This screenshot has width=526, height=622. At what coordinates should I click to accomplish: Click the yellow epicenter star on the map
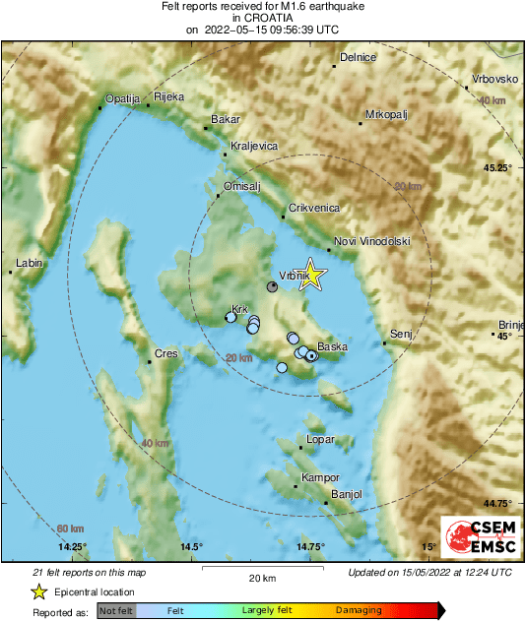[x=311, y=276]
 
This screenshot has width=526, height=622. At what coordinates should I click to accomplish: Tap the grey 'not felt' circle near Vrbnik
[x=273, y=286]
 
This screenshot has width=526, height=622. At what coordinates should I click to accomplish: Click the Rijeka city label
[x=169, y=96]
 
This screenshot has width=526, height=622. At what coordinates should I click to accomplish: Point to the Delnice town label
[x=358, y=58]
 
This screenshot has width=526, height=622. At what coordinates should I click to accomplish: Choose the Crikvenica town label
[x=313, y=209]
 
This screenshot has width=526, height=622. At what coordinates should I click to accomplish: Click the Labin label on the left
[x=28, y=263]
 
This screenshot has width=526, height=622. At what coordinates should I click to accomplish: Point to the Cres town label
[x=165, y=353]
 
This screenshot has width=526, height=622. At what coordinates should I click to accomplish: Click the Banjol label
[x=348, y=494]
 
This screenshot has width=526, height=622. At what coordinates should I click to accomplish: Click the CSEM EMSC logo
[x=477, y=538]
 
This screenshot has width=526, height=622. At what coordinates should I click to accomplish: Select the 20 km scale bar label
[x=261, y=578]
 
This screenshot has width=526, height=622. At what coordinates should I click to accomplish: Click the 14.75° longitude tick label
[x=310, y=547]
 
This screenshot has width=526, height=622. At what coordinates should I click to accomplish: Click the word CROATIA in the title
[x=263, y=18]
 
